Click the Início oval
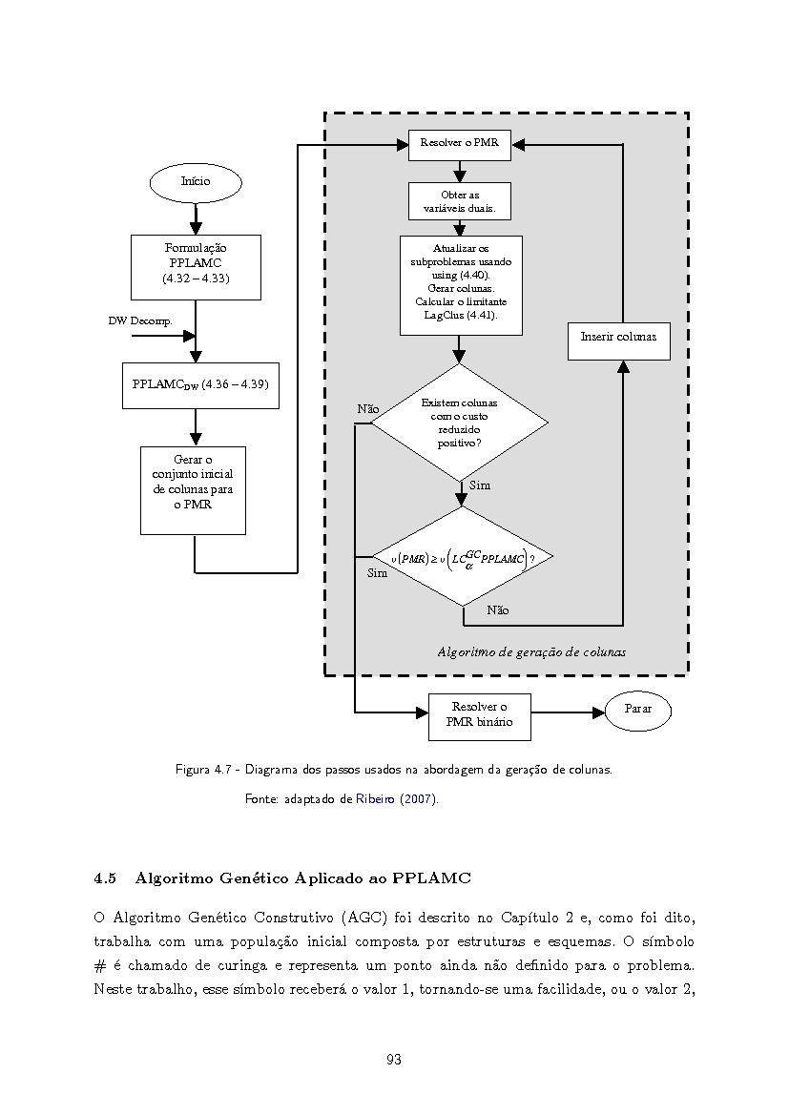tap(196, 181)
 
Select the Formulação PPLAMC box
tap(196, 267)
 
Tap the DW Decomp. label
tap(140, 320)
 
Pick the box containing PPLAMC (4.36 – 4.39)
tap(200, 385)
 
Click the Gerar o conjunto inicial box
tap(193, 490)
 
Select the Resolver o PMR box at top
tap(460, 144)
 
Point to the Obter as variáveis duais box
tap(460, 201)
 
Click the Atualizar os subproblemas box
tap(461, 285)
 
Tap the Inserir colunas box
tap(619, 341)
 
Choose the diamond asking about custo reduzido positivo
tap(460, 423)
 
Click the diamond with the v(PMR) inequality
tap(462, 557)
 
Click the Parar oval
tap(638, 710)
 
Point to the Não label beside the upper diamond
tap(368, 409)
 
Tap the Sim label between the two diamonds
tap(480, 485)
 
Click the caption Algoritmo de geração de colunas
tap(531, 652)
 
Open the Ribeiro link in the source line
tap(375, 798)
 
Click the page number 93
tap(393, 1060)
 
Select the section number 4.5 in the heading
tap(105, 878)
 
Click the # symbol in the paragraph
tap(99, 965)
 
